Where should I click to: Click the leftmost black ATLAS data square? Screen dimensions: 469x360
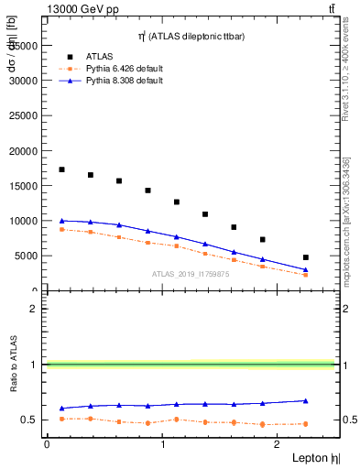[61, 169]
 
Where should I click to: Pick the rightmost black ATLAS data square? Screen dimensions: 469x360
[306, 257]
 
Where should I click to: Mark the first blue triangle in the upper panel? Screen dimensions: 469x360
[61, 221]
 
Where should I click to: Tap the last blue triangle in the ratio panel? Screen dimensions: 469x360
[306, 400]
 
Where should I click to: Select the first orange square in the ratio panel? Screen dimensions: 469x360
[61, 419]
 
